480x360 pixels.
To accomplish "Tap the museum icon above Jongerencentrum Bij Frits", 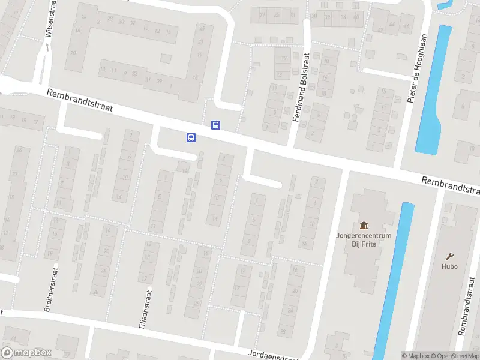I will [364, 226].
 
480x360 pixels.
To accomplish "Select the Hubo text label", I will [449, 266].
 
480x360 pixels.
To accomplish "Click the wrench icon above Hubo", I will [449, 254].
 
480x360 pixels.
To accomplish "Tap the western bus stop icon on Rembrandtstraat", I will [191, 137].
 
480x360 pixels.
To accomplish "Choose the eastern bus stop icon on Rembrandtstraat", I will [215, 125].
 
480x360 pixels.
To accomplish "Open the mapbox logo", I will [26, 353].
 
